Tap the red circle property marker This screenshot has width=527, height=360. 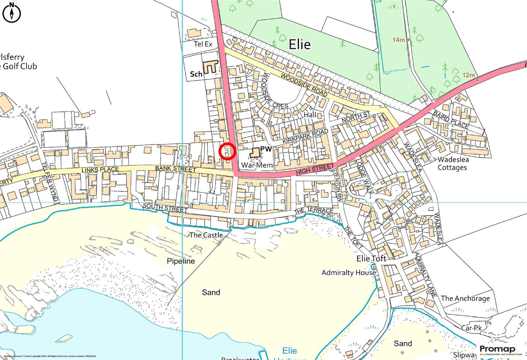click(227, 152)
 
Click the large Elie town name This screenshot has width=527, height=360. click(299, 44)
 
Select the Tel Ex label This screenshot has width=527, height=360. click(203, 44)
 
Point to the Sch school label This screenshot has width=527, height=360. click(196, 74)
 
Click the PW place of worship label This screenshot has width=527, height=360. click(266, 149)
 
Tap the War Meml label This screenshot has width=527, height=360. click(258, 165)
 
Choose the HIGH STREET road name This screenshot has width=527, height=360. click(315, 169)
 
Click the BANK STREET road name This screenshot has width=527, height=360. click(176, 169)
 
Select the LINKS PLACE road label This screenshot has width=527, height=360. click(100, 170)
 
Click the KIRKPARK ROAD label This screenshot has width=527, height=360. click(305, 136)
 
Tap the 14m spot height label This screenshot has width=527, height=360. click(398, 40)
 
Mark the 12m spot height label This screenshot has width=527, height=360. click(468, 75)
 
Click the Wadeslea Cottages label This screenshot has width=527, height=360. click(453, 164)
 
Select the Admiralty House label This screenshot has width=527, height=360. click(348, 272)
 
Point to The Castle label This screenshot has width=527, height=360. click(206, 235)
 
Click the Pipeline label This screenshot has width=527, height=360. click(181, 261)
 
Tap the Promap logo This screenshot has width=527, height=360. click(497, 349)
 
